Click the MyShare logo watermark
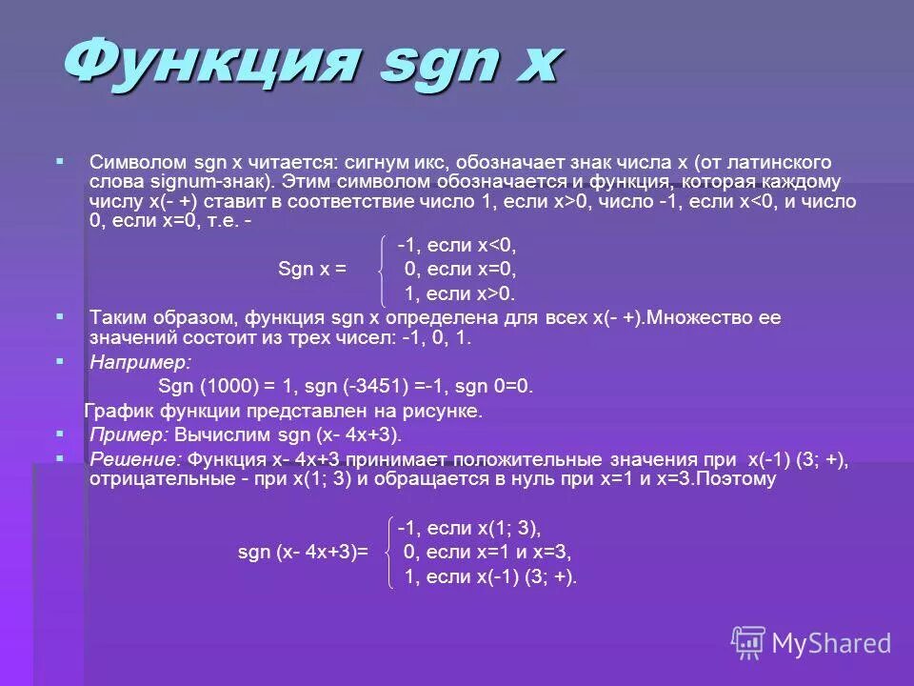click(x=811, y=643)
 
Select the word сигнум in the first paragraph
click(x=394, y=163)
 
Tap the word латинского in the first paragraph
click(x=782, y=163)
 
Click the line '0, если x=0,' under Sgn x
click(x=460, y=270)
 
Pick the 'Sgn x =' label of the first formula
click(x=311, y=270)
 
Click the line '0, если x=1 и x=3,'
click(x=488, y=552)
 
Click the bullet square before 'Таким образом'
click(x=60, y=313)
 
